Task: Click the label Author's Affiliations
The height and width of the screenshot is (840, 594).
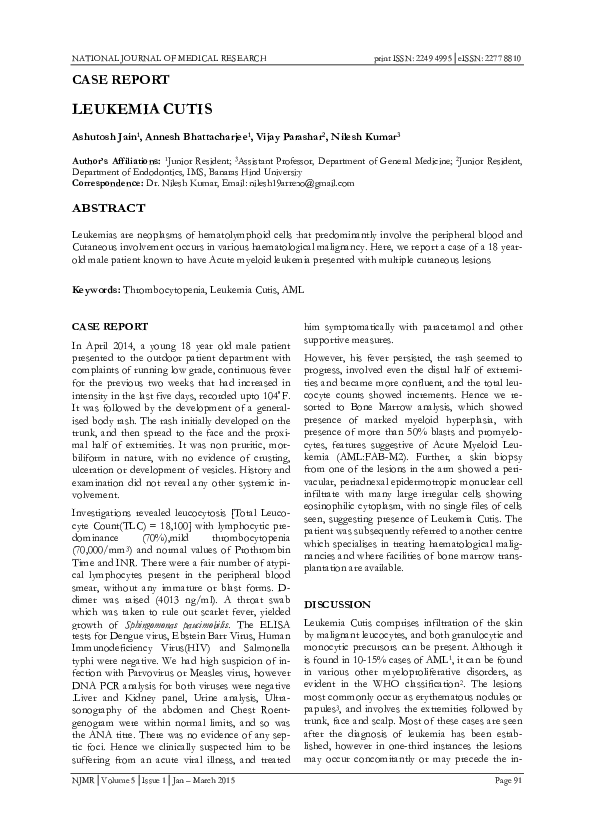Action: [117, 159]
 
